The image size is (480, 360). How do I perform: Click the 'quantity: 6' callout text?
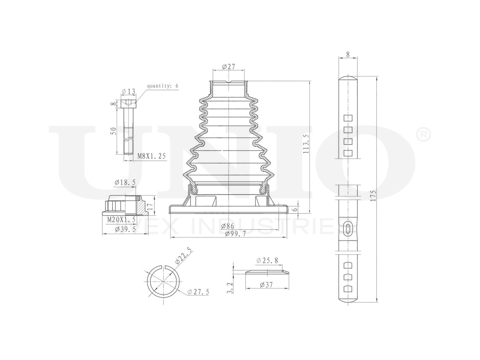click(162, 85)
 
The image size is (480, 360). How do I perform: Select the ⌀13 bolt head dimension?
click(128, 91)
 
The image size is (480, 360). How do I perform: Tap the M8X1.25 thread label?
click(151, 156)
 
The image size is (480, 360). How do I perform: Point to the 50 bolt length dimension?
click(113, 131)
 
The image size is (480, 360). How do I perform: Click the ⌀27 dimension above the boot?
click(228, 66)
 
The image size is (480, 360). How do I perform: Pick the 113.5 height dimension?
click(306, 144)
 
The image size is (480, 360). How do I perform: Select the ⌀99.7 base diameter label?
click(235, 234)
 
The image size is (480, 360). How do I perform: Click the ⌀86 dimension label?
click(227, 226)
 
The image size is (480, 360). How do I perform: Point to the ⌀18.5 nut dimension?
click(125, 182)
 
